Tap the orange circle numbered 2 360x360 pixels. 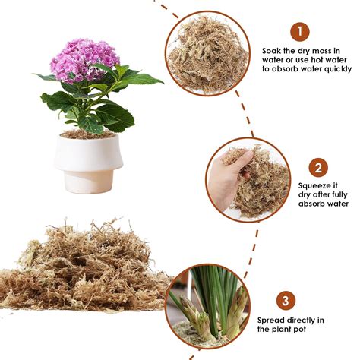pyautogui.click(x=317, y=167)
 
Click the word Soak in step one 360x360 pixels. pyautogui.click(x=273, y=49)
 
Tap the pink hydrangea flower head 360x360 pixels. pyautogui.click(x=85, y=59)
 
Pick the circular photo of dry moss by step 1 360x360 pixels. pyautogui.click(x=208, y=54)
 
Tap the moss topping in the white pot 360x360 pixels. pyautogui.click(x=87, y=134)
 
